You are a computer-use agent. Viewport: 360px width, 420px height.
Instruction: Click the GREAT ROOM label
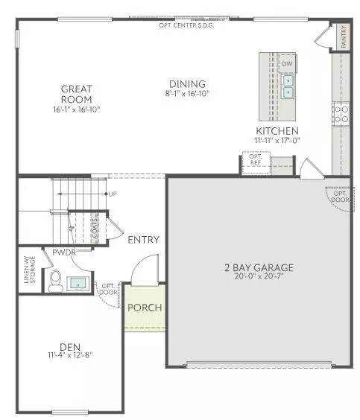(76, 94)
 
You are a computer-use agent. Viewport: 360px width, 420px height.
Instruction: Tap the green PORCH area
(143, 308)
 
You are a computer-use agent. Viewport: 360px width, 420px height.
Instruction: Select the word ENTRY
(144, 239)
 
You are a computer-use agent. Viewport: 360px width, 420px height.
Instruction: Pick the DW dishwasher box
(287, 64)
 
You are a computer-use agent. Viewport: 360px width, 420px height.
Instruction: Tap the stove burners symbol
(341, 113)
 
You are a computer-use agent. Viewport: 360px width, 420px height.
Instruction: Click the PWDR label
(62, 254)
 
